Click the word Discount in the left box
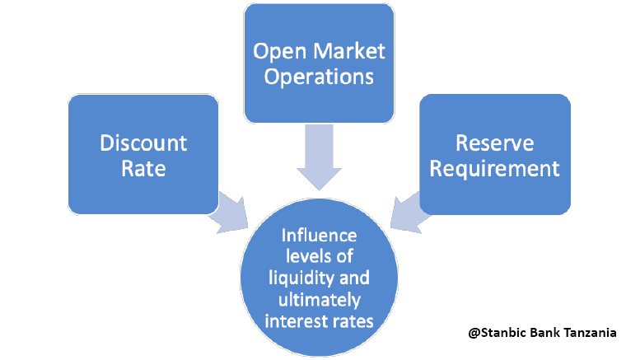143,143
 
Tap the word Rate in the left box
143,169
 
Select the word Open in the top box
277,52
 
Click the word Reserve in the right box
494,143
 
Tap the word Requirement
494,169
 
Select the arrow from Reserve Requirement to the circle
409,211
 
